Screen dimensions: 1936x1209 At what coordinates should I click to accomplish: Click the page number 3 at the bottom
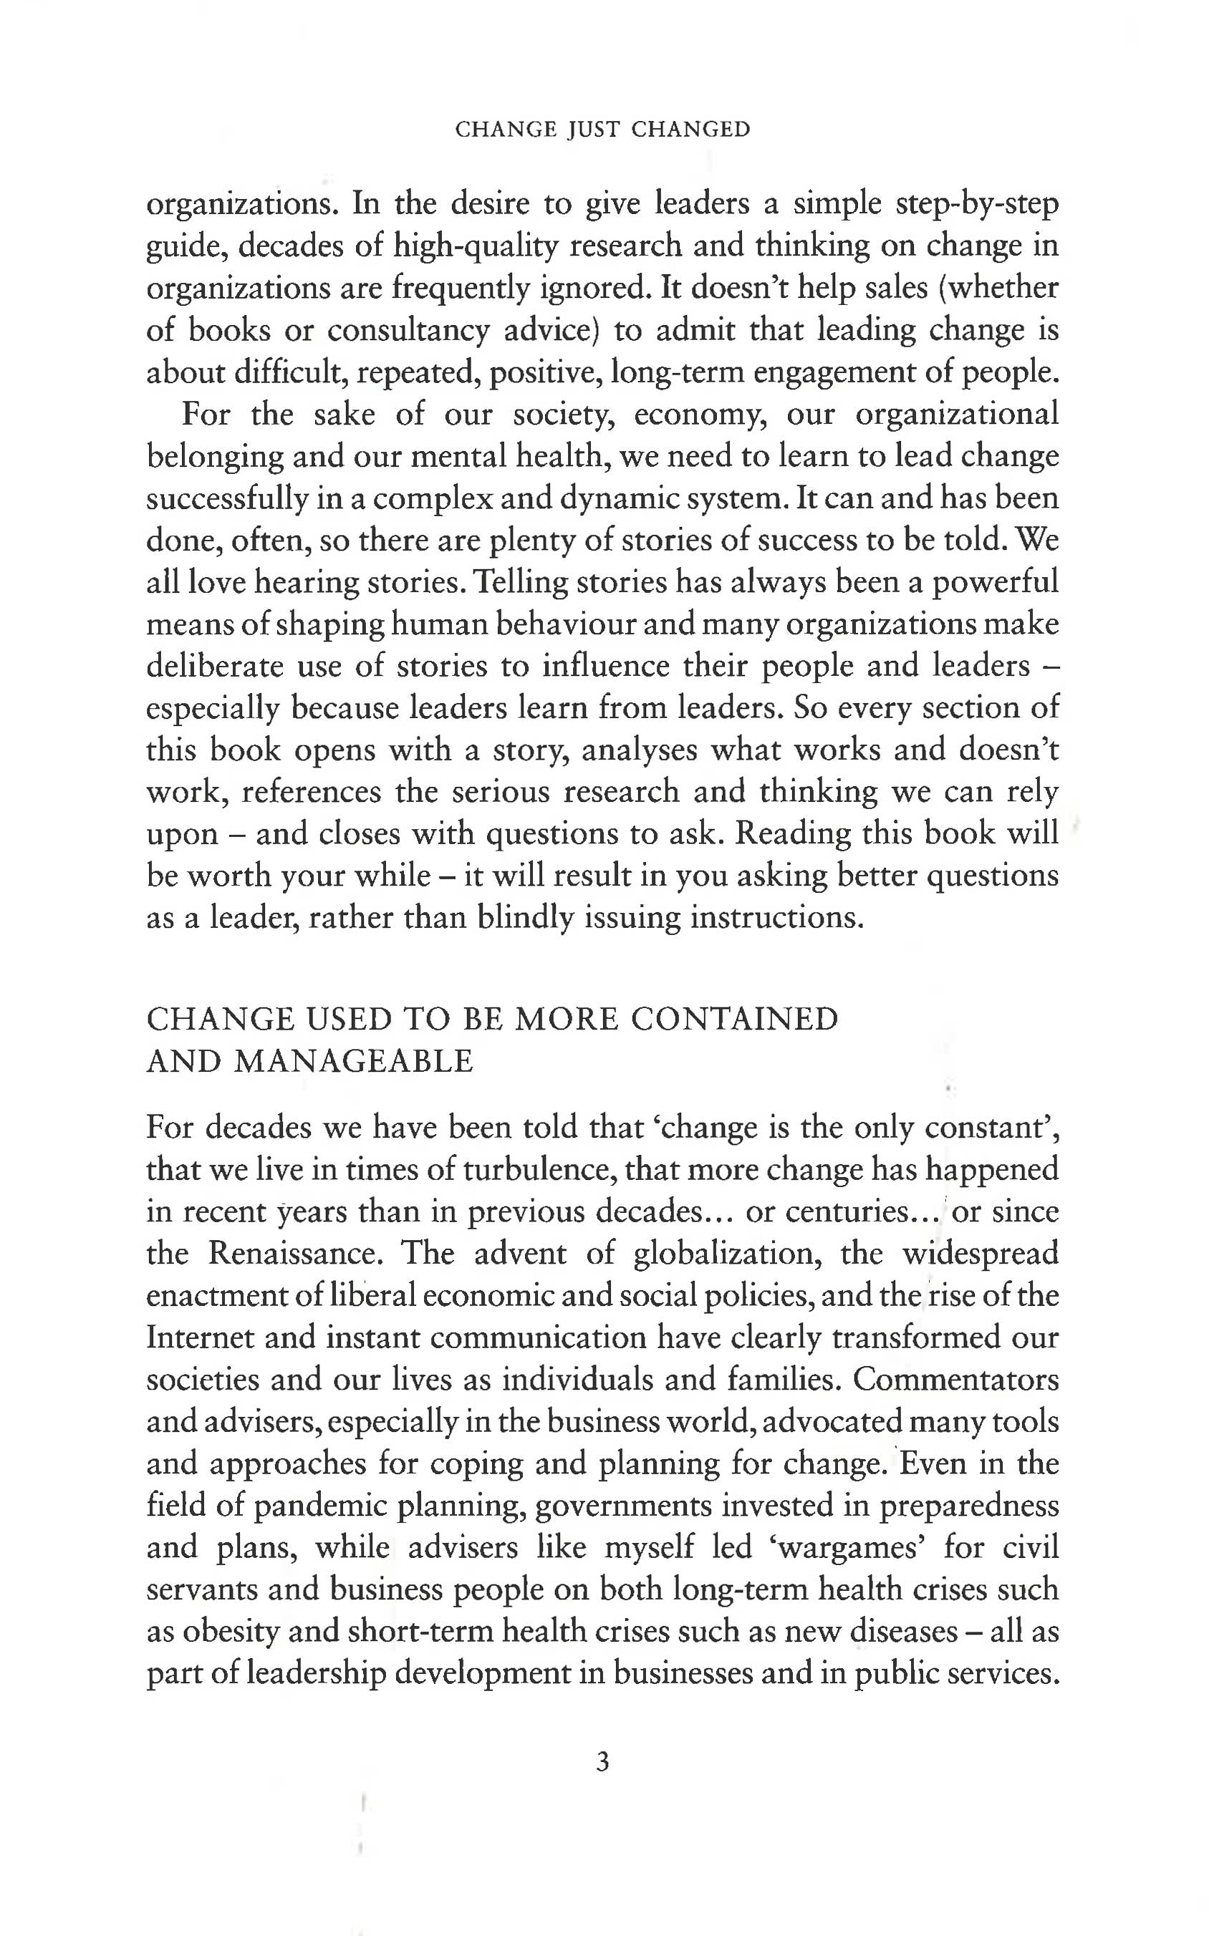click(603, 1761)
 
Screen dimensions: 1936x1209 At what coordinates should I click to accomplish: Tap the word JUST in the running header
click(593, 130)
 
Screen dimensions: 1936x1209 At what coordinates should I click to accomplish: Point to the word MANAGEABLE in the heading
click(355, 1062)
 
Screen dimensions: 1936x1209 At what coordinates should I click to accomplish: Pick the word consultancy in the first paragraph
click(408, 330)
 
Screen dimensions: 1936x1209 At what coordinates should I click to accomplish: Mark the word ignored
click(592, 288)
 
